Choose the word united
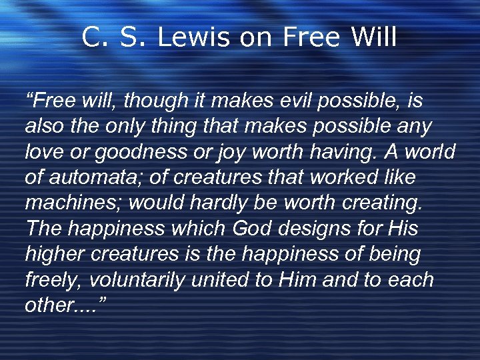pos(221,279)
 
